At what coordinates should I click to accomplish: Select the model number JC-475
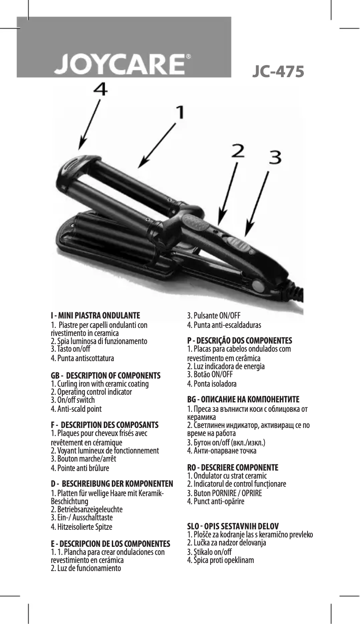coord(278,72)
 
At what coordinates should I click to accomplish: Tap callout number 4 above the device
coord(100,90)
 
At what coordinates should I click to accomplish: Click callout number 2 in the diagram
coord(237,151)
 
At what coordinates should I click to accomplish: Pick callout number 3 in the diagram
coord(275,157)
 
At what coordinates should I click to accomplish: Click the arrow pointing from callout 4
coord(89,125)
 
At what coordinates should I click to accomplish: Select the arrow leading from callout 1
coord(157,146)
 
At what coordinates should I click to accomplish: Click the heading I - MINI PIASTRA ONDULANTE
coord(95,316)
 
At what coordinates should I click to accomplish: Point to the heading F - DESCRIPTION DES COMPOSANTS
coord(105,425)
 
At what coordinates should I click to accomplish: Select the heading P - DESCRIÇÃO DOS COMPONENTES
coord(239,340)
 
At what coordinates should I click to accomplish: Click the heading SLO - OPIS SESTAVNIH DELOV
coord(233,527)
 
